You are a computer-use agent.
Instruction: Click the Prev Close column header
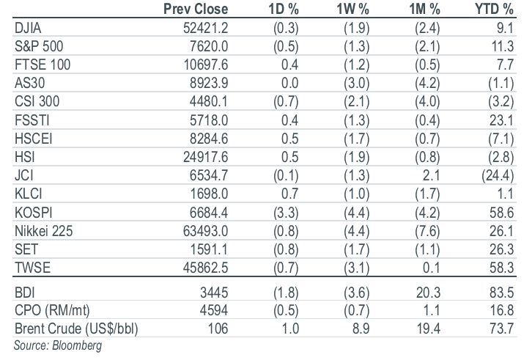pos(196,9)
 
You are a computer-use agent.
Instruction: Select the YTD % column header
pos(494,9)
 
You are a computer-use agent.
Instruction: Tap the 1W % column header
pos(353,9)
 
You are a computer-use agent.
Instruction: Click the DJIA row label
pos(28,28)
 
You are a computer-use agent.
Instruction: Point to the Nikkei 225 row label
pos(43,231)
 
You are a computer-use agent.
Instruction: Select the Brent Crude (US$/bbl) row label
pos(76,329)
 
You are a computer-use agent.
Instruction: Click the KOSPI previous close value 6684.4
pos(209,213)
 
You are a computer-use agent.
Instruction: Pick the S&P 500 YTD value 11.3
pos(502,46)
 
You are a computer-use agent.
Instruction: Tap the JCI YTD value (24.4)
pos(498,176)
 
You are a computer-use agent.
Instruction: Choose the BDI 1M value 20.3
pos(428,293)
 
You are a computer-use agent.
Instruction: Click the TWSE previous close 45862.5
pos(205,268)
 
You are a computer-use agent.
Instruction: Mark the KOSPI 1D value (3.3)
pos(286,213)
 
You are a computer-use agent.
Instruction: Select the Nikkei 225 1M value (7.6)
pos(427,231)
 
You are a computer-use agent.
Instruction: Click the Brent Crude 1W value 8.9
pos(361,329)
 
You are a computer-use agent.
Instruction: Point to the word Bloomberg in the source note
pos(77,345)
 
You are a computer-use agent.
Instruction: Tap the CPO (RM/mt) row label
pos(52,311)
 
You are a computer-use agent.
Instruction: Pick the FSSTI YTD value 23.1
pos(501,120)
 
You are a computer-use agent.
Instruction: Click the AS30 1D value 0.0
pos(289,84)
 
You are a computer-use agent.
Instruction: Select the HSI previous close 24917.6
pos(205,157)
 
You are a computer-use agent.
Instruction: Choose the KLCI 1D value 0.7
pos(289,194)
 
